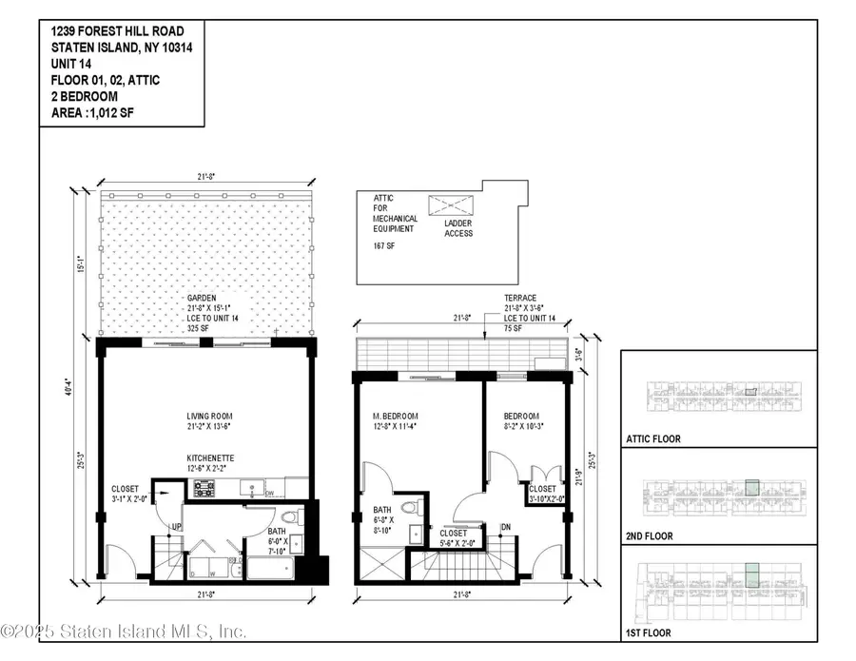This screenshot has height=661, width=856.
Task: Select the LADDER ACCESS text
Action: pos(457,227)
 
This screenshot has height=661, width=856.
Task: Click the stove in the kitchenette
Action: pos(204,488)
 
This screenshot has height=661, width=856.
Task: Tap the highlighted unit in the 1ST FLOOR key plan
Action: pos(751,575)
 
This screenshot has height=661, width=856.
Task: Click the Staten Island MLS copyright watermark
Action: pos(124,632)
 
